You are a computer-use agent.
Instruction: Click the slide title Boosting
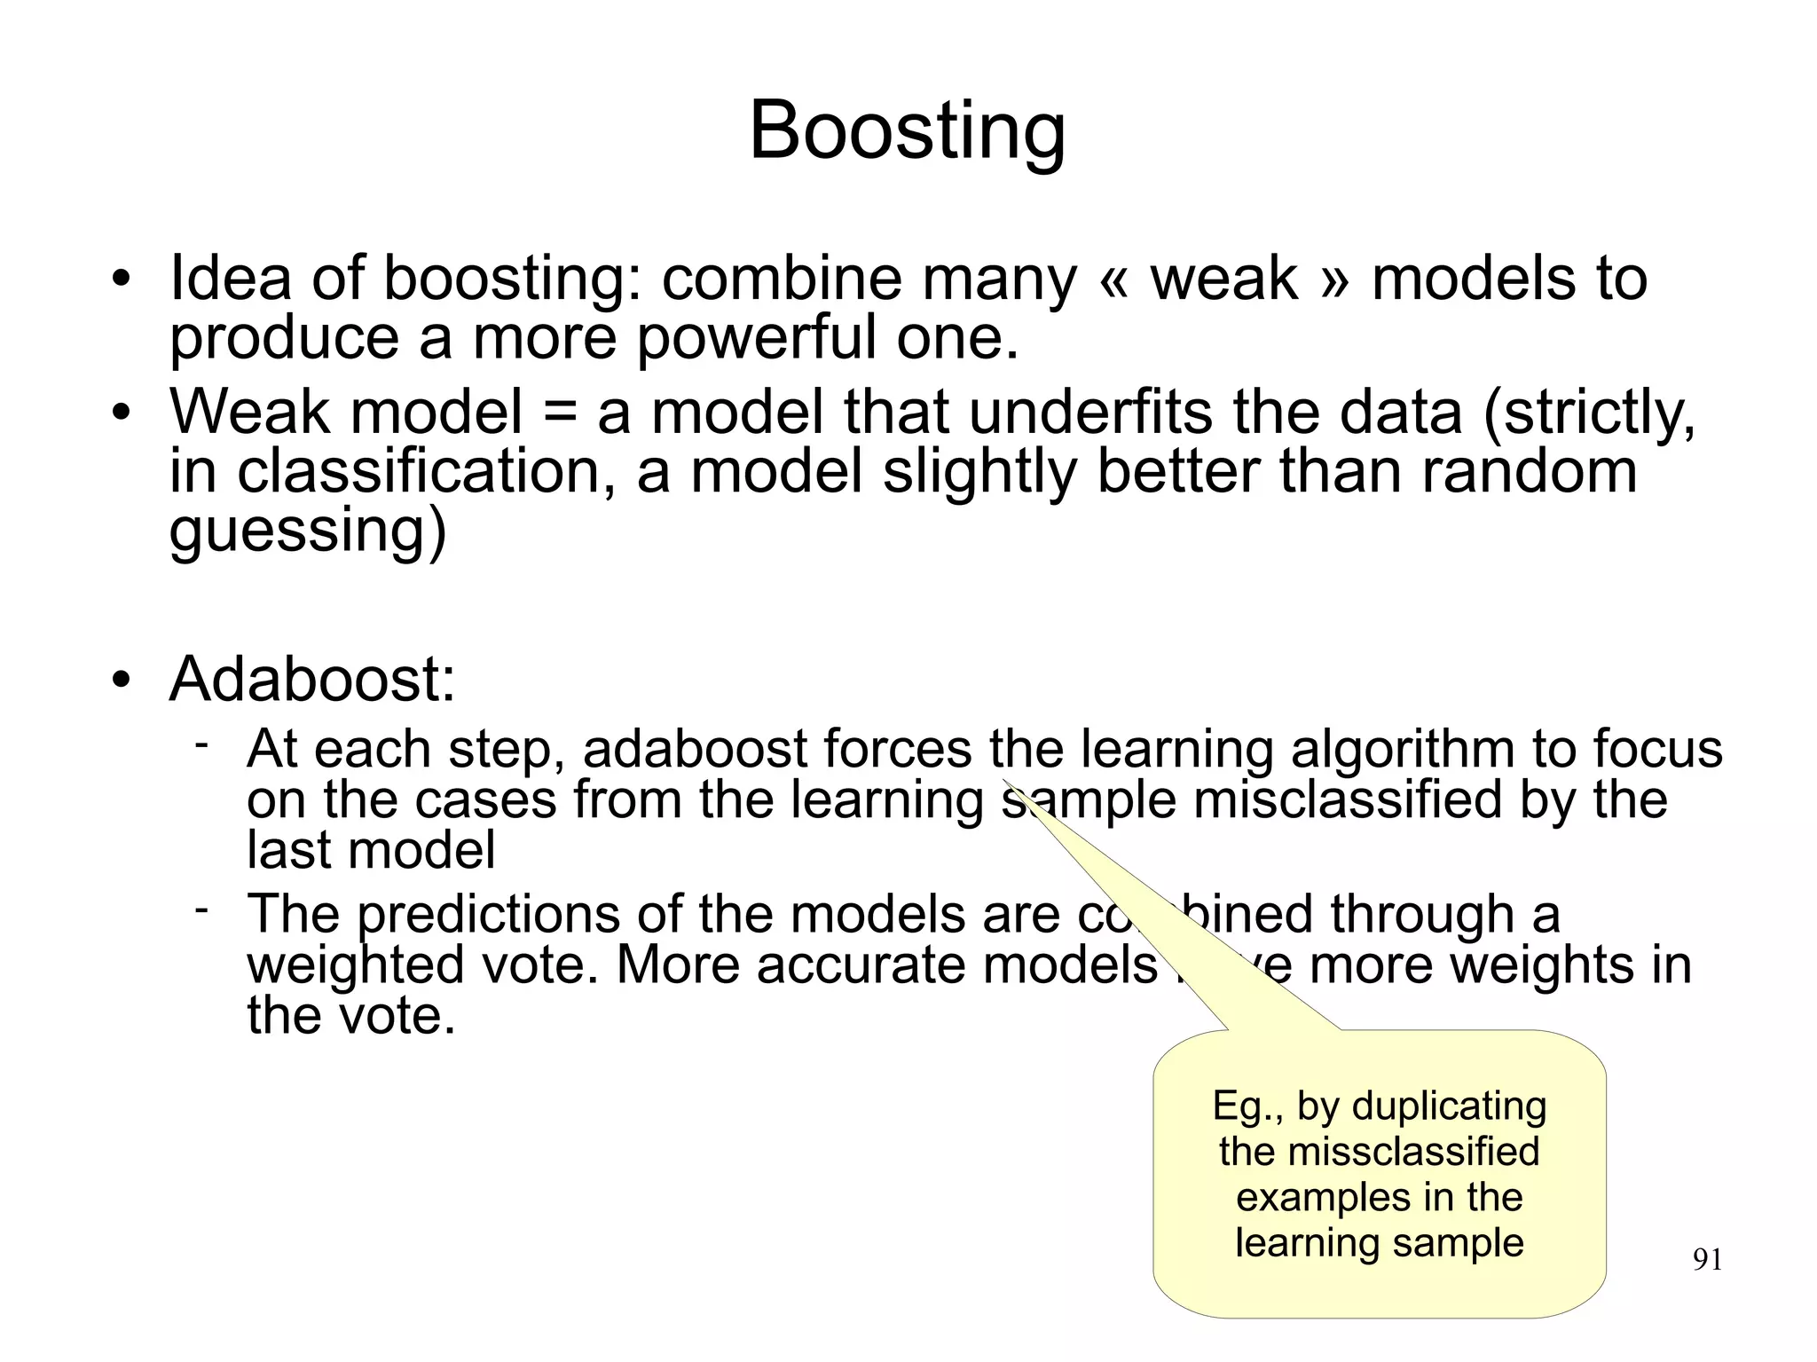coord(907,131)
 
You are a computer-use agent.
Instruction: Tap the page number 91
coord(1708,1260)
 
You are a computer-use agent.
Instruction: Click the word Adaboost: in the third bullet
coord(312,680)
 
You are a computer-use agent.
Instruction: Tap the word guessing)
coord(307,531)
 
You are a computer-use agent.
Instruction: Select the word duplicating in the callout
coord(1449,1106)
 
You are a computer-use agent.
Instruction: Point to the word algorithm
coord(1402,749)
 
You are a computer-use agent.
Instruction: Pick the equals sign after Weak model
coord(559,414)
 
